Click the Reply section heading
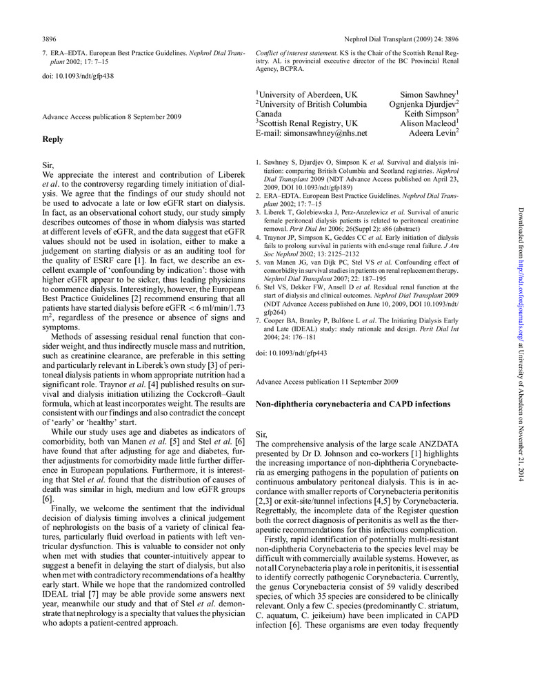pyautogui.click(x=53, y=139)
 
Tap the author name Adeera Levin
pyautogui.click(x=443, y=133)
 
